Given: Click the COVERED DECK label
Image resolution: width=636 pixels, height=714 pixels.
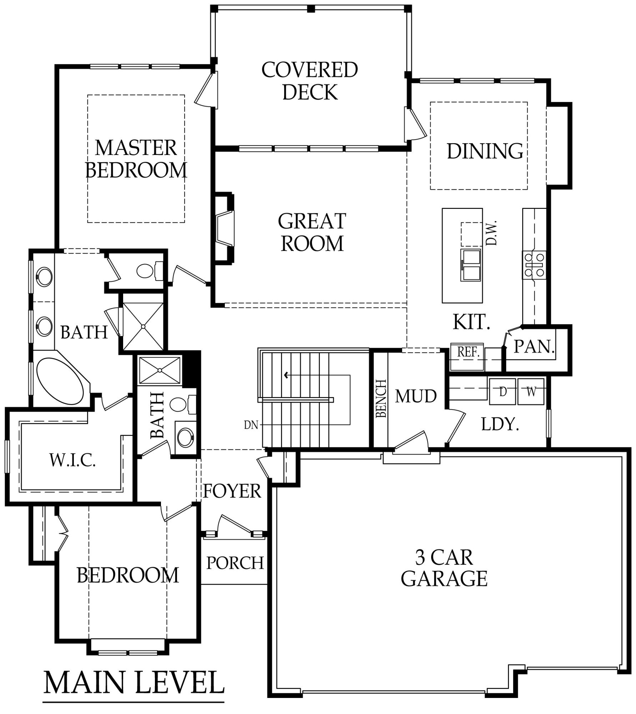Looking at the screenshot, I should [x=310, y=81].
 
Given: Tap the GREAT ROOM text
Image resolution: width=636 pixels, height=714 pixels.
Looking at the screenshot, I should [x=312, y=232].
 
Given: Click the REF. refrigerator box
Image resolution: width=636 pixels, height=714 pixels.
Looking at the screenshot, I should [x=468, y=352].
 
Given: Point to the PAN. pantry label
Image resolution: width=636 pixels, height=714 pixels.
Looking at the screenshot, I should [x=534, y=346].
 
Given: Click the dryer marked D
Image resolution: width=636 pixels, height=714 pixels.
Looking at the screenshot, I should [x=503, y=392].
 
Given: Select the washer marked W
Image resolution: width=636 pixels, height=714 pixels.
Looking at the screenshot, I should [x=531, y=392].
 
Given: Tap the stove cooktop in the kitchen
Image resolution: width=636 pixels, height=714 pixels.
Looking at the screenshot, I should [x=534, y=265].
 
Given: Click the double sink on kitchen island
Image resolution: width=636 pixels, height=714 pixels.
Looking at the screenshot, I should [x=471, y=265].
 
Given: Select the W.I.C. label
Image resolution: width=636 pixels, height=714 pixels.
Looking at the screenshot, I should [x=72, y=461].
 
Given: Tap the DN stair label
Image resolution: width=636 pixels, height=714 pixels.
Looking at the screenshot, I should [x=251, y=425].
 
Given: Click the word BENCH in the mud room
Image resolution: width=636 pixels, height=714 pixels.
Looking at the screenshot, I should [x=381, y=398].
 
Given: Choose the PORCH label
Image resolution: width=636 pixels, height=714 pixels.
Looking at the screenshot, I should [x=235, y=563].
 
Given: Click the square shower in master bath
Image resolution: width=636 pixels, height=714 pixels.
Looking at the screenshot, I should [x=143, y=326].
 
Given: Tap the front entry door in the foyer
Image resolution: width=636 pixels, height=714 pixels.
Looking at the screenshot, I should [x=236, y=524].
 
